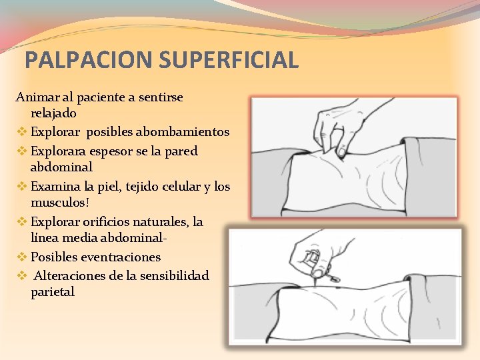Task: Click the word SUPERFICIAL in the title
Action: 228,60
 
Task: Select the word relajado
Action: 53,113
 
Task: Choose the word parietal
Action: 53,292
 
